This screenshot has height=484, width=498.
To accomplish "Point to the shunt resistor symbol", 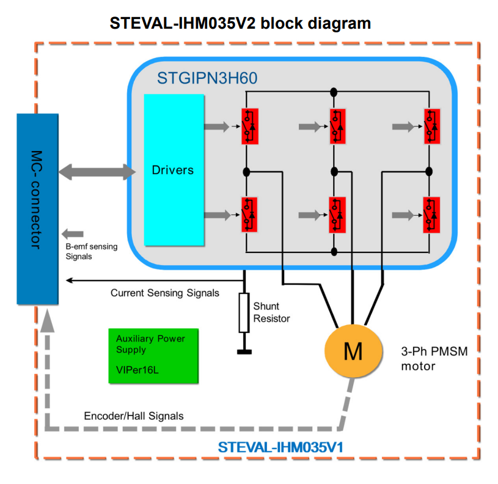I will [244, 313].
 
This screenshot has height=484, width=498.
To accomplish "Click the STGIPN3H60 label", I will [207, 78].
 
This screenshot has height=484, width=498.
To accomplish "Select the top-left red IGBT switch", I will [249, 127].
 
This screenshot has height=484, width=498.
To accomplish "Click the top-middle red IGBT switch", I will [337, 127].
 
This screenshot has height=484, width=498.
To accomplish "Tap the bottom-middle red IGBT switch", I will [337, 215].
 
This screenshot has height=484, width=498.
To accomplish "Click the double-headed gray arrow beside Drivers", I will [97, 171].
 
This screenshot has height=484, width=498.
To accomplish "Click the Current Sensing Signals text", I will [164, 293].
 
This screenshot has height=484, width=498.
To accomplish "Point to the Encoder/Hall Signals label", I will [133, 416].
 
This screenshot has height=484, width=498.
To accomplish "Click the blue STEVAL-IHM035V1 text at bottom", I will [280, 447].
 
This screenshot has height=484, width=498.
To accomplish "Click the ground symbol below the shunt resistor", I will [244, 351].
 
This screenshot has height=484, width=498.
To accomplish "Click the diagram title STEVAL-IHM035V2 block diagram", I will [240, 23].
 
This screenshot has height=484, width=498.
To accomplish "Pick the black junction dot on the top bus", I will [334, 92].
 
